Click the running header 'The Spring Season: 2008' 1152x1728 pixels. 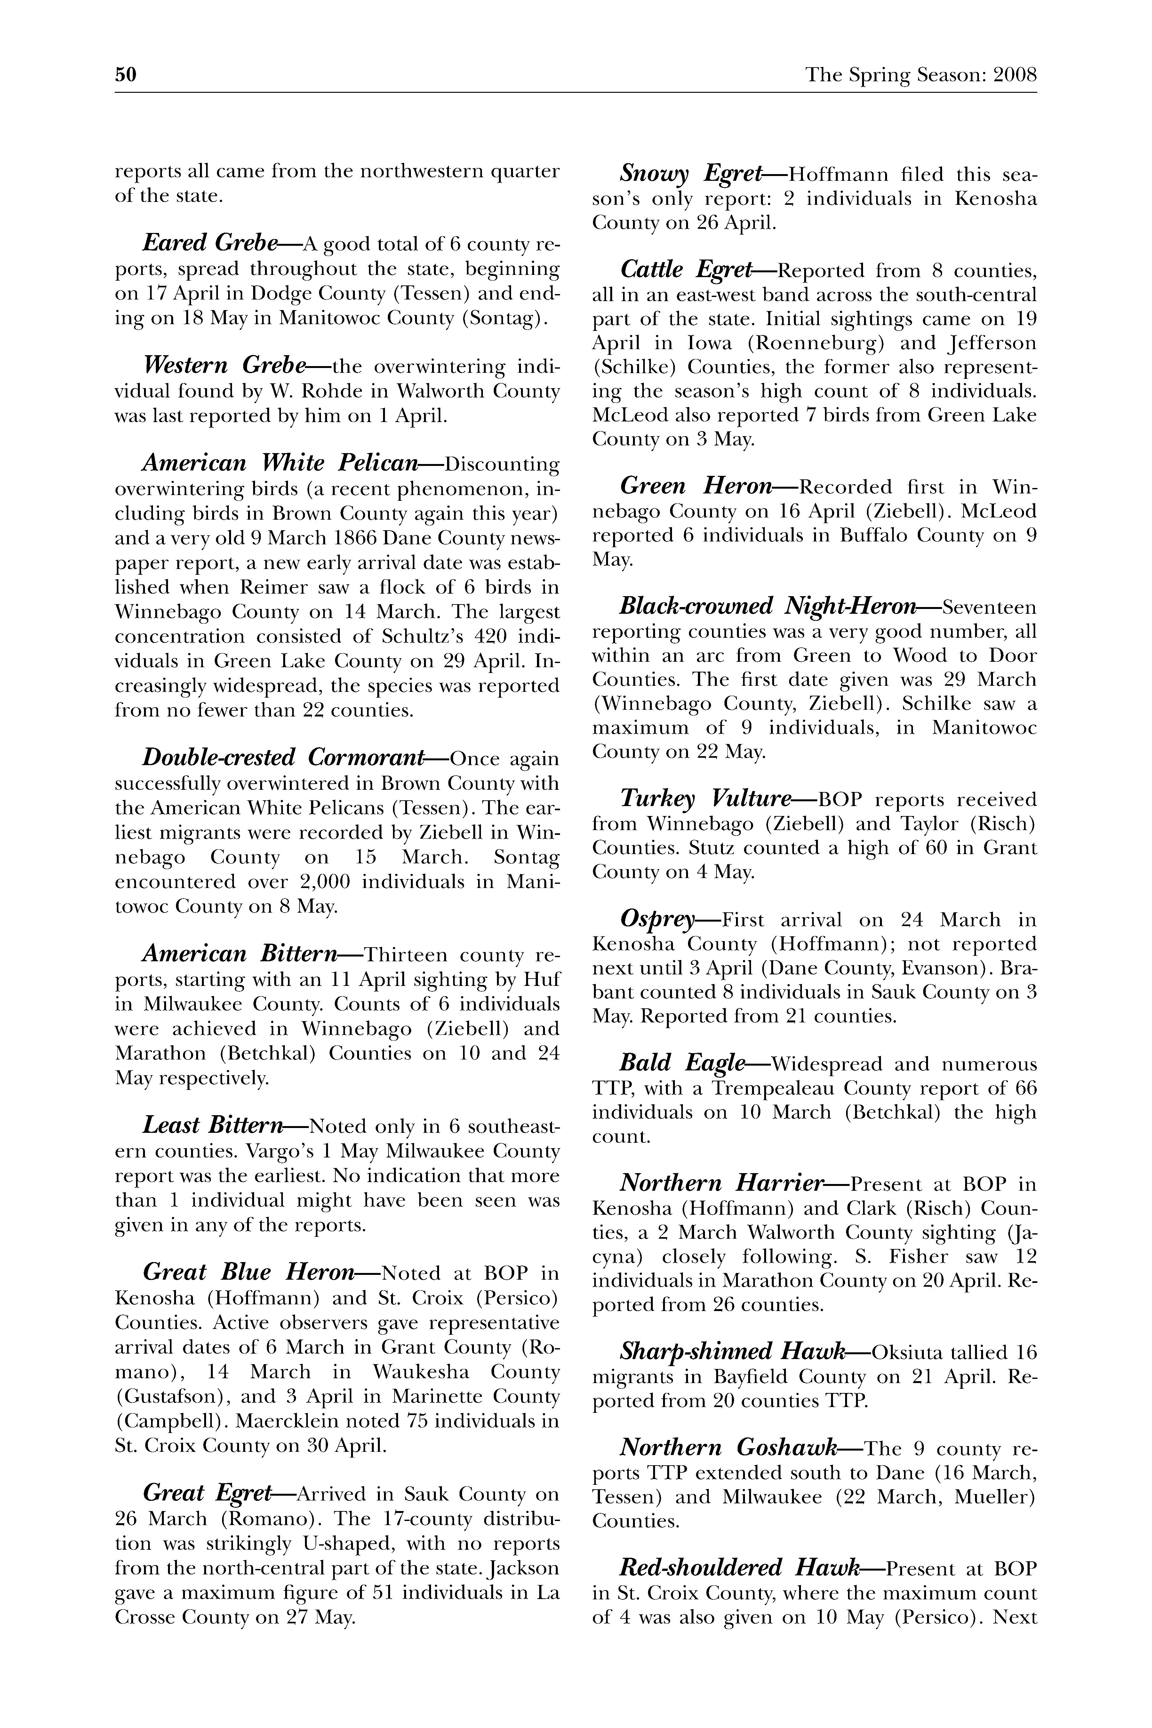click(921, 75)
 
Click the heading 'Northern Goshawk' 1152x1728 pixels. click(728, 1447)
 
